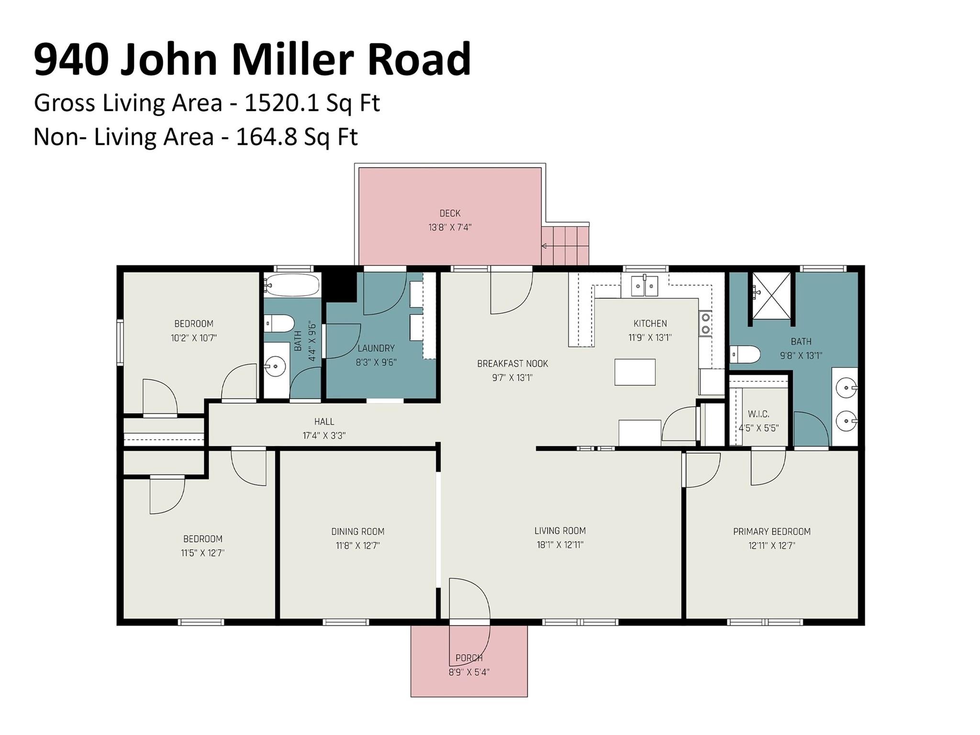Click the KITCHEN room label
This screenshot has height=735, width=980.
(x=650, y=323)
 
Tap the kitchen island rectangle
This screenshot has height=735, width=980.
(x=635, y=372)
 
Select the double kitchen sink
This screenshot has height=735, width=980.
(x=645, y=286)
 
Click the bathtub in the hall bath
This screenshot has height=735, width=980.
(x=292, y=286)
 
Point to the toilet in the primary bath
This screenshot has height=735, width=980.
(x=746, y=355)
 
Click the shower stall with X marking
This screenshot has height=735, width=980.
(x=771, y=296)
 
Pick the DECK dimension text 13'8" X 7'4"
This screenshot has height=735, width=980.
(x=450, y=227)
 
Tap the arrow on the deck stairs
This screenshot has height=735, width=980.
(x=545, y=246)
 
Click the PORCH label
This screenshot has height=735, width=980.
(x=468, y=658)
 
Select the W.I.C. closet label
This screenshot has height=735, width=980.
(x=758, y=414)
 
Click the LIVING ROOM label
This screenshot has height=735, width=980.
(x=560, y=531)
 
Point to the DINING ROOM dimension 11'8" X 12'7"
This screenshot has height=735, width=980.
(x=357, y=546)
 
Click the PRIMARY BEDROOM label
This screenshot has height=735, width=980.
(x=771, y=531)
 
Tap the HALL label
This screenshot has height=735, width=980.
(x=324, y=422)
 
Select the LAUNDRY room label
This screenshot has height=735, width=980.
(x=376, y=348)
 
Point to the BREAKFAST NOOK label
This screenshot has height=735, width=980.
(x=512, y=364)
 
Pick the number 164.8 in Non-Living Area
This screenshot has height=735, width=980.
(x=265, y=137)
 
